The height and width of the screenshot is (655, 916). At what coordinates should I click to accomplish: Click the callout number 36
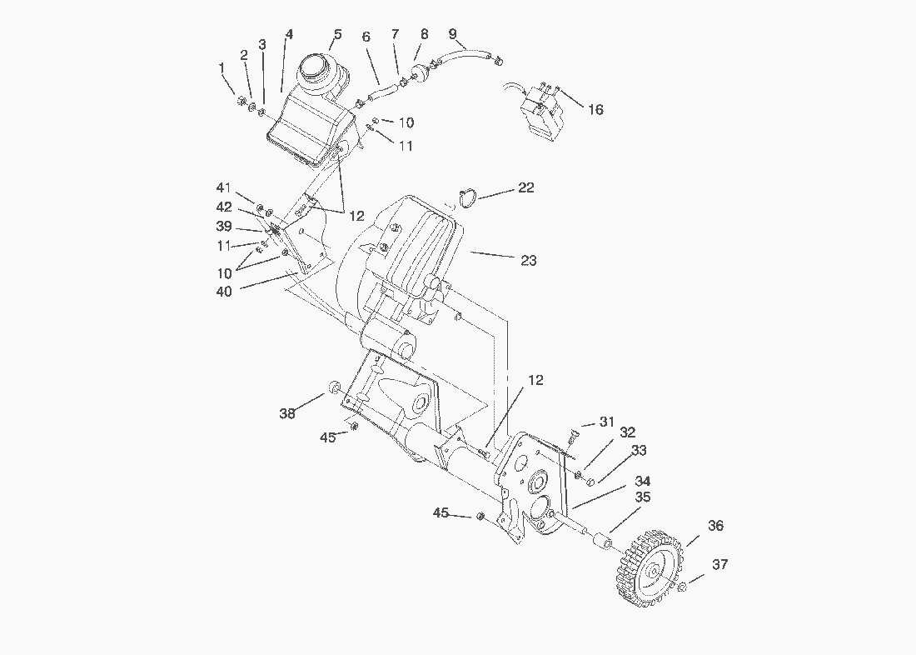point(715,526)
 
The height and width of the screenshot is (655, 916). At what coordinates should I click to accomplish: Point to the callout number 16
point(595,109)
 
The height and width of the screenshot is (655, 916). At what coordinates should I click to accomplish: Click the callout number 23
point(528,260)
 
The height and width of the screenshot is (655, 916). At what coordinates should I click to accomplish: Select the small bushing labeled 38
point(334,387)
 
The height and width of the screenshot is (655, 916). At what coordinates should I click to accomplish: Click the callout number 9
point(452,33)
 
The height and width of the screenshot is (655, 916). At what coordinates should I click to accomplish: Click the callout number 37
point(719,564)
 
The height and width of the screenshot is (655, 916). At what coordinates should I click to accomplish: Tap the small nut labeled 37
point(682,589)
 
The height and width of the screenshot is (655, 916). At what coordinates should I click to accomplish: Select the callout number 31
point(606,422)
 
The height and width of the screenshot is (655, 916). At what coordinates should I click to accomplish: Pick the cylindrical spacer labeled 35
point(600,542)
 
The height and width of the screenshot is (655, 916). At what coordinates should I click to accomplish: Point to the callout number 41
point(223,188)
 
